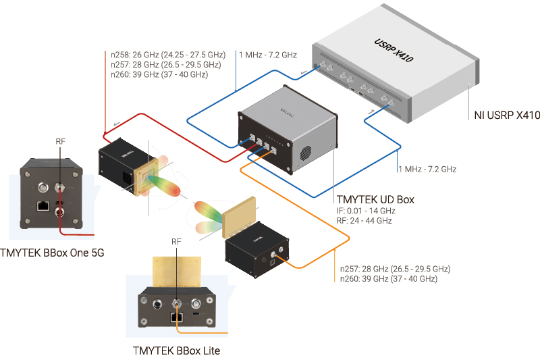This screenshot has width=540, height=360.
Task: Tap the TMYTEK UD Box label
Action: click(375, 199)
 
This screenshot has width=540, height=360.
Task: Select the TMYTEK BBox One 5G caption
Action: click(54, 253)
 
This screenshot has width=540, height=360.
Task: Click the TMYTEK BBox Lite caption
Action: click(176, 351)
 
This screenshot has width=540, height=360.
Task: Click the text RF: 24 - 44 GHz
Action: click(364, 221)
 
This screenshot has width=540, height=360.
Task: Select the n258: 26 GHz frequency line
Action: click(168, 55)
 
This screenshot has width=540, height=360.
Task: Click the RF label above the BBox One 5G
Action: click(61, 142)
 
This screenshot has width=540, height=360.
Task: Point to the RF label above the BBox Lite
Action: click(177, 241)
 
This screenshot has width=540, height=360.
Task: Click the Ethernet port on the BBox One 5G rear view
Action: click(42, 205)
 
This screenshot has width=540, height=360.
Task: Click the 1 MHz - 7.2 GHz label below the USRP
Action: click(427, 169)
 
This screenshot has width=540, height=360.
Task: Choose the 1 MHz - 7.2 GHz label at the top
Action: click(267, 55)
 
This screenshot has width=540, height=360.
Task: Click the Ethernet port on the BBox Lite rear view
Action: click(177, 315)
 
